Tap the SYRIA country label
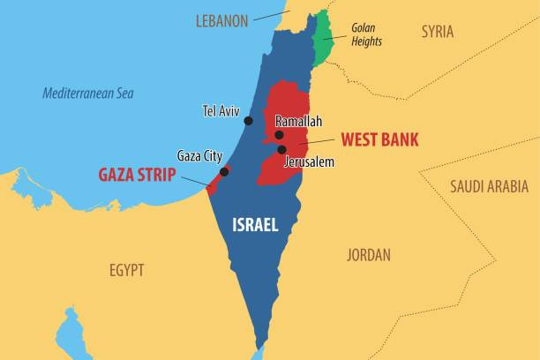(437, 32)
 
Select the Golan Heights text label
(369, 34)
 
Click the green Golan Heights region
(322, 37)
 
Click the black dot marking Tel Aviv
(248, 121)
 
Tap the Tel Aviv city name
(221, 111)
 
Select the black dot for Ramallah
(279, 135)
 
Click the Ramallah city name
(298, 121)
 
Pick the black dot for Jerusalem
(281, 149)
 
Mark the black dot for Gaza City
(224, 172)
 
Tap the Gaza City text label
(199, 155)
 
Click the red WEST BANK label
(379, 139)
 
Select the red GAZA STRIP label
(137, 173)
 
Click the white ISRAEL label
(255, 226)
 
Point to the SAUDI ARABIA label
(489, 186)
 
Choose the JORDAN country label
(368, 255)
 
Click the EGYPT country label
(126, 270)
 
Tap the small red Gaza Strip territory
(215, 180)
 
